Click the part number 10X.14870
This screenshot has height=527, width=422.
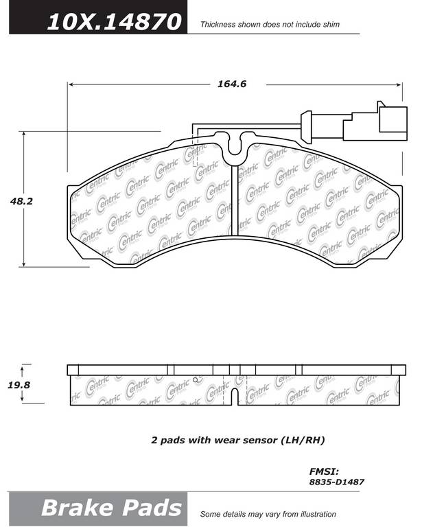114,22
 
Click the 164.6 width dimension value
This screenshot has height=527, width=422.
232,84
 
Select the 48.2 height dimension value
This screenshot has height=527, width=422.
21,201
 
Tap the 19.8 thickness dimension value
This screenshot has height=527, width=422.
19,385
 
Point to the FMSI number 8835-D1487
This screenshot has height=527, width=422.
337,482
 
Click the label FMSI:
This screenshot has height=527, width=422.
324,471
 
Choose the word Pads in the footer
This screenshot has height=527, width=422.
152,508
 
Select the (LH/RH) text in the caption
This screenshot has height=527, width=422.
303,440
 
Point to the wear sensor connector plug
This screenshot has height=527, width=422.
375,123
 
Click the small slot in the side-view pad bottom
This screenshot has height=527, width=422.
235,397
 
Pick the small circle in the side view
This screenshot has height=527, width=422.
195,380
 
